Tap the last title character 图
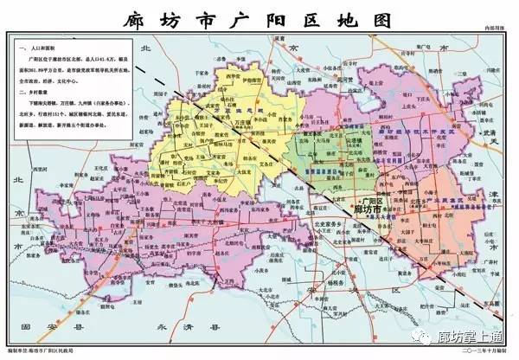(378, 19)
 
